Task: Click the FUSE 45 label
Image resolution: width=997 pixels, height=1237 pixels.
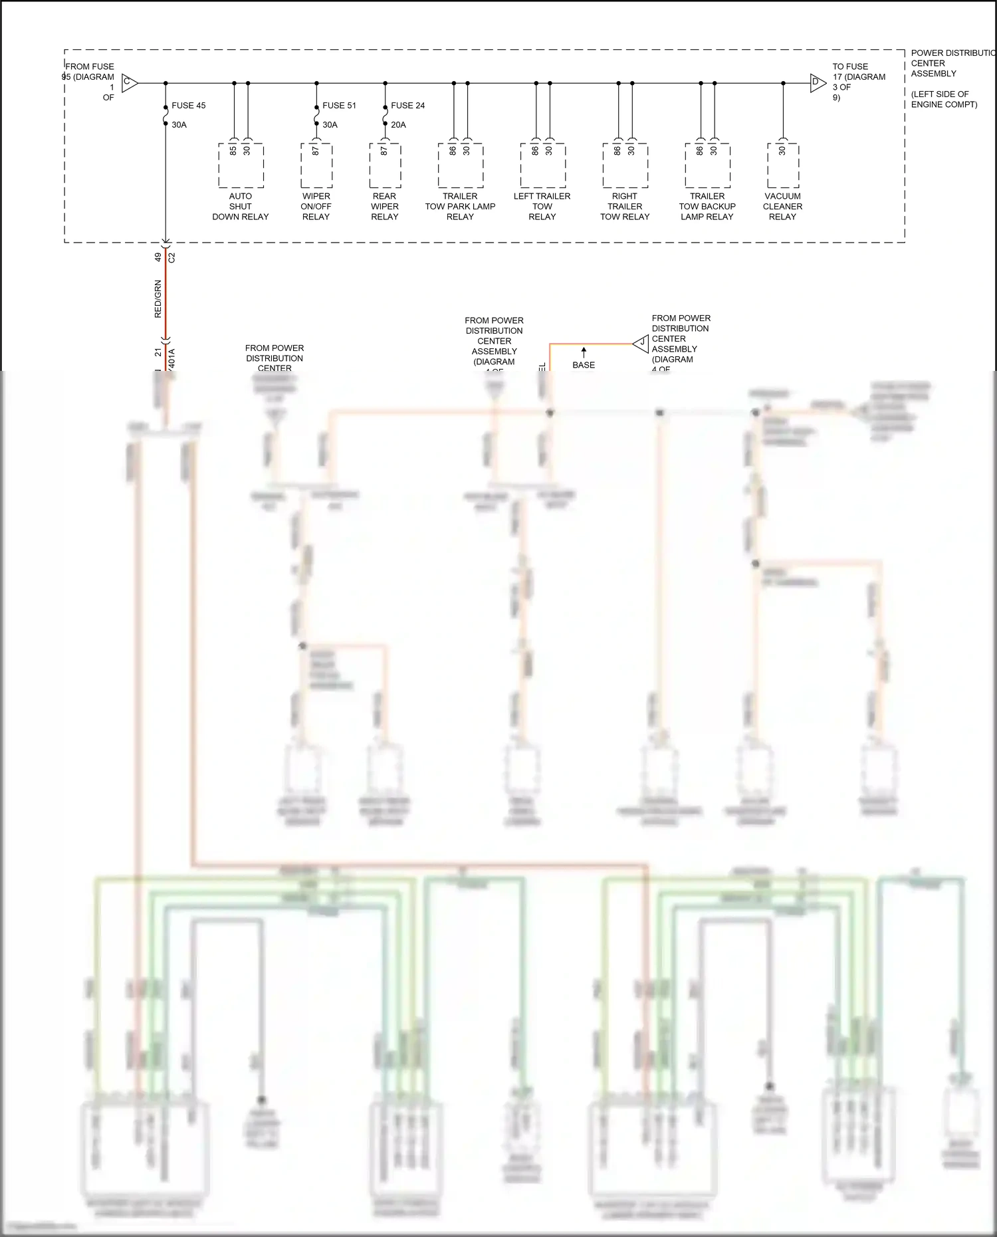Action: pyautogui.click(x=188, y=106)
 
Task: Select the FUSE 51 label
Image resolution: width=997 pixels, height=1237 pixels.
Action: pyautogui.click(x=339, y=106)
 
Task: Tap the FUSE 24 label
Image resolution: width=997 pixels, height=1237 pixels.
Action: pyautogui.click(x=407, y=106)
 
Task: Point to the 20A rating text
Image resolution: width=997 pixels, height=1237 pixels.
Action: pyautogui.click(x=398, y=125)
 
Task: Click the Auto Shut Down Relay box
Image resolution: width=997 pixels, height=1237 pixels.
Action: pyautogui.click(x=241, y=166)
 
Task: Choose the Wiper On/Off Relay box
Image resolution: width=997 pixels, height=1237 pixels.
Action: pyautogui.click(x=316, y=166)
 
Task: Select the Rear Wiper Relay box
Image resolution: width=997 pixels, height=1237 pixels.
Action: pyautogui.click(x=385, y=166)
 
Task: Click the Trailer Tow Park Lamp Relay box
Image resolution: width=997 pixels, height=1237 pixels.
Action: pyautogui.click(x=460, y=166)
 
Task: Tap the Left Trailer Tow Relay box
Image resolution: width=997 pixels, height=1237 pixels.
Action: pyautogui.click(x=542, y=166)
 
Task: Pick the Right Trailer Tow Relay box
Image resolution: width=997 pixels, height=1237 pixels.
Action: pyautogui.click(x=625, y=166)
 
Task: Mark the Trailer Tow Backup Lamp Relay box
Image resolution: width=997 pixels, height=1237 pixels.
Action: pyautogui.click(x=707, y=166)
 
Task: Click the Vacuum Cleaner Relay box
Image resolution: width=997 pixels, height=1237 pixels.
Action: pyautogui.click(x=782, y=166)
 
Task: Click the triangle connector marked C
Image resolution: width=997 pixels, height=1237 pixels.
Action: pyautogui.click(x=129, y=84)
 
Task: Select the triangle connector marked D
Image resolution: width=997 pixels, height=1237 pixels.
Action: pyautogui.click(x=817, y=84)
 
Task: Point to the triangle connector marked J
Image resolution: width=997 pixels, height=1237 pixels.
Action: pyautogui.click(x=641, y=343)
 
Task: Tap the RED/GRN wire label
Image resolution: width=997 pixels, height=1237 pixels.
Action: pyautogui.click(x=158, y=298)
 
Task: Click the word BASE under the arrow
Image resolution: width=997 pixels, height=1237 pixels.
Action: pyautogui.click(x=584, y=365)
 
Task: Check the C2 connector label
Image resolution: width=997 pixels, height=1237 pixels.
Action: pyautogui.click(x=171, y=257)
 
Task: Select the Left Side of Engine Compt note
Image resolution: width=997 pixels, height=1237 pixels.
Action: pyautogui.click(x=944, y=99)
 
